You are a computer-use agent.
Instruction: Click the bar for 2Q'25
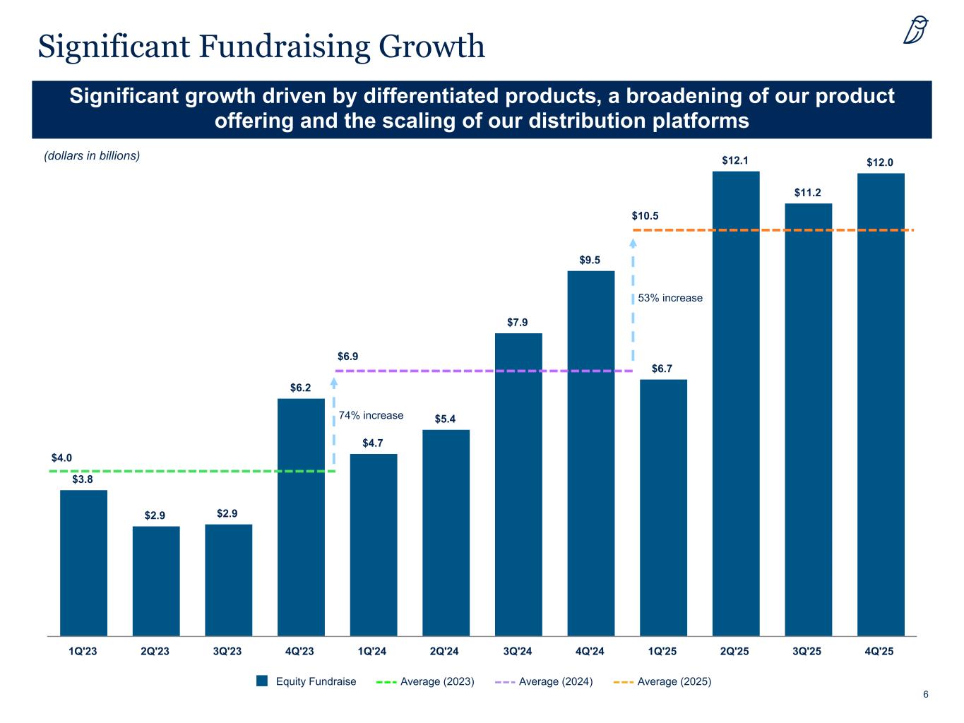pyautogui.click(x=736, y=403)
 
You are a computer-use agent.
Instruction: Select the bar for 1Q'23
pyautogui.click(x=83, y=563)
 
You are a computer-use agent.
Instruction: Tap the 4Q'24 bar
pyautogui.click(x=591, y=453)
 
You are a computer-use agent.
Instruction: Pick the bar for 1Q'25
pyautogui.click(x=663, y=507)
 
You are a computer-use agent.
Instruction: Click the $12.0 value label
pyautogui.click(x=880, y=162)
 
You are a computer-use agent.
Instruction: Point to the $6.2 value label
pyautogui.click(x=301, y=388)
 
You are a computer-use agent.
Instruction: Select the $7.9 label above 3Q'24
pyautogui.click(x=518, y=323)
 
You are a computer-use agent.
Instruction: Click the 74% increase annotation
pyautogui.click(x=371, y=415)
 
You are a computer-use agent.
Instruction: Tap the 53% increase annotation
pyautogui.click(x=670, y=298)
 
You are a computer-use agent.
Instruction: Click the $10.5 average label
pyautogui.click(x=645, y=216)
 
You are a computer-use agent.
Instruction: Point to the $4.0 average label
pyautogui.click(x=62, y=458)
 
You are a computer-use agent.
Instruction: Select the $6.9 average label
pyautogui.click(x=347, y=357)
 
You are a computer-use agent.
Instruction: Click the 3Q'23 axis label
pyautogui.click(x=227, y=651)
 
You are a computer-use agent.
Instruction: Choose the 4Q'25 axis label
pyautogui.click(x=879, y=651)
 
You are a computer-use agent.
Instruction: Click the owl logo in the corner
pyautogui.click(x=916, y=31)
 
